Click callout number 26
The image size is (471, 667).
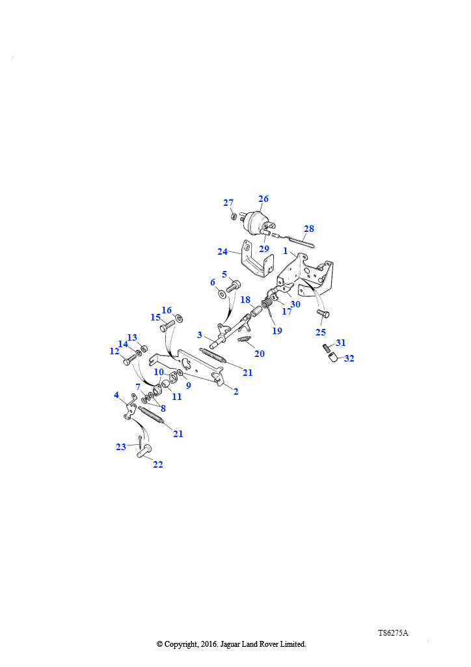[x=263, y=199]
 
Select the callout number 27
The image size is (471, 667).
[x=228, y=203]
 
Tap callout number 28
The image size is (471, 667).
[x=309, y=229]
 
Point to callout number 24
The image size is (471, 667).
[x=222, y=251]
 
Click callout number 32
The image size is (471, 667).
[x=349, y=358]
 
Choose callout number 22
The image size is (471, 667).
[x=157, y=464]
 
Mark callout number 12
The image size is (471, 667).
[x=114, y=351]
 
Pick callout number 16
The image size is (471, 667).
[x=167, y=310]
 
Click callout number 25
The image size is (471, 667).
[x=321, y=332]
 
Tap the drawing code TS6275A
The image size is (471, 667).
[x=393, y=632]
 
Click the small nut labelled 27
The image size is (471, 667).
[x=234, y=216]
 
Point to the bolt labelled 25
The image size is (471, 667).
[x=323, y=315]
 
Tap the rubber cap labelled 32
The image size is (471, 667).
[x=334, y=357]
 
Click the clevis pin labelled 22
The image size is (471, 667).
[x=143, y=450]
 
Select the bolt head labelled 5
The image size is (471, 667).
[x=234, y=285]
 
